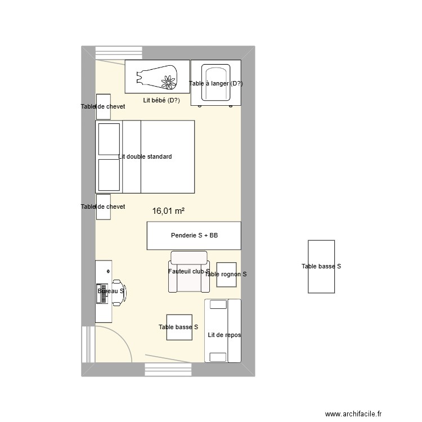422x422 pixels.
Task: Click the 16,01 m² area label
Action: [168, 211]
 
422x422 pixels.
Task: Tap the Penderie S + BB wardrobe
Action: [194, 236]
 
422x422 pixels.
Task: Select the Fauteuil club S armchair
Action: [189, 272]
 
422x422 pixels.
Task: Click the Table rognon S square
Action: [226, 275]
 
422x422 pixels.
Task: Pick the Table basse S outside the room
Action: [321, 267]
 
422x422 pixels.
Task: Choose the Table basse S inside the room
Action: [178, 327]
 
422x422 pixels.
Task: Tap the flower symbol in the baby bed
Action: [168, 83]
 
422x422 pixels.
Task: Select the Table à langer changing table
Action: [216, 83]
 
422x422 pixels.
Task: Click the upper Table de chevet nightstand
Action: [103, 106]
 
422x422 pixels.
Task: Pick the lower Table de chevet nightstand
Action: [103, 206]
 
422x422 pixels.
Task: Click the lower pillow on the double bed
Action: [109, 175]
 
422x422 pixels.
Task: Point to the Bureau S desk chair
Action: [119, 291]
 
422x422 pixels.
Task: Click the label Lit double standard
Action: [145, 156]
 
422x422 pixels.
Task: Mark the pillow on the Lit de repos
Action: [216, 304]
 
